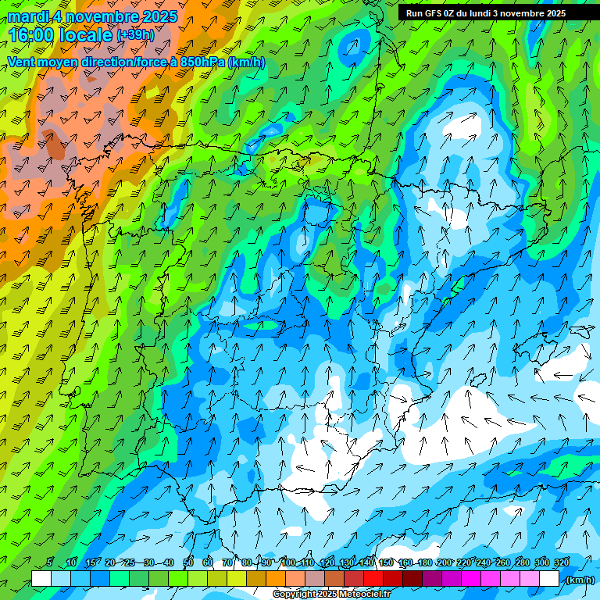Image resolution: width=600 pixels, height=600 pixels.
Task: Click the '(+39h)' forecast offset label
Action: click(135, 35)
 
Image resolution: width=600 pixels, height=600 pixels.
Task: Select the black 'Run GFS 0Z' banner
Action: click(486, 13)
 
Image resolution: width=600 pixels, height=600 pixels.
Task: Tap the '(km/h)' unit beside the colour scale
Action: click(579, 580)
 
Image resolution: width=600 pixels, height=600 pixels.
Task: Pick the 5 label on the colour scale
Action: click(50, 563)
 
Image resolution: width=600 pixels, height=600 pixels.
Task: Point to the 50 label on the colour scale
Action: click(188, 563)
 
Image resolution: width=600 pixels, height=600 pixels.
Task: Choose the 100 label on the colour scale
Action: click(287, 563)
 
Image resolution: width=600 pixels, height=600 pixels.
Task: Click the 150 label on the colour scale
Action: click(386, 563)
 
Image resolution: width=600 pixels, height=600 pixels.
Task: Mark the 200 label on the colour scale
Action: click(445, 563)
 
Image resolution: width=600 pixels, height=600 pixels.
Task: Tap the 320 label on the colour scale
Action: click(562, 563)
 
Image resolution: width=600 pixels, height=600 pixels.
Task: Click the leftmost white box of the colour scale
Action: click(41, 579)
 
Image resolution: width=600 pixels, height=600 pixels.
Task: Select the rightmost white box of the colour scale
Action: click(549, 579)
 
